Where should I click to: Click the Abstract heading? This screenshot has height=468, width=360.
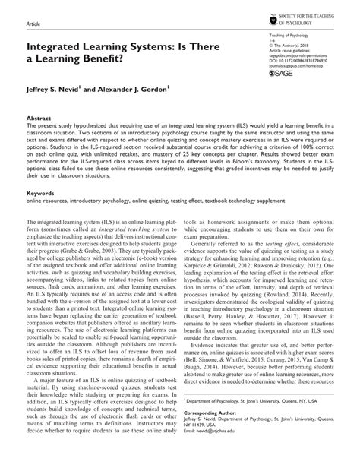(38, 119)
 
